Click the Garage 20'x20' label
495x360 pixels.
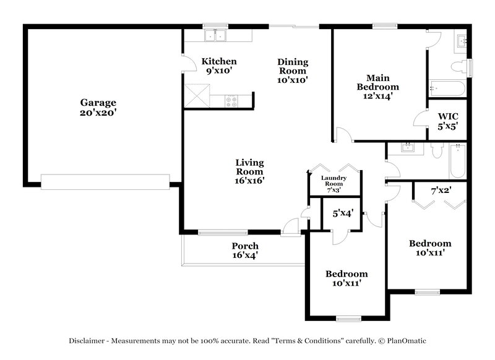coord(98,108)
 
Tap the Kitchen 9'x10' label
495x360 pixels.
coord(219,66)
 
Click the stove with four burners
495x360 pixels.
coord(232,101)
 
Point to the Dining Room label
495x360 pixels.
coord(293,71)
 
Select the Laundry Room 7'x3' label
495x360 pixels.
coord(333,184)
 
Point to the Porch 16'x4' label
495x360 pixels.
coord(245,250)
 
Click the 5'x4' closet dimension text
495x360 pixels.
coord(343,214)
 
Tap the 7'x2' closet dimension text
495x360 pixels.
coord(441,191)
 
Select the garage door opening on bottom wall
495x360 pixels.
coord(105,181)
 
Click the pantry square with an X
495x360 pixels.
coord(196,96)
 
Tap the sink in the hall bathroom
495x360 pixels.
coord(408,147)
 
